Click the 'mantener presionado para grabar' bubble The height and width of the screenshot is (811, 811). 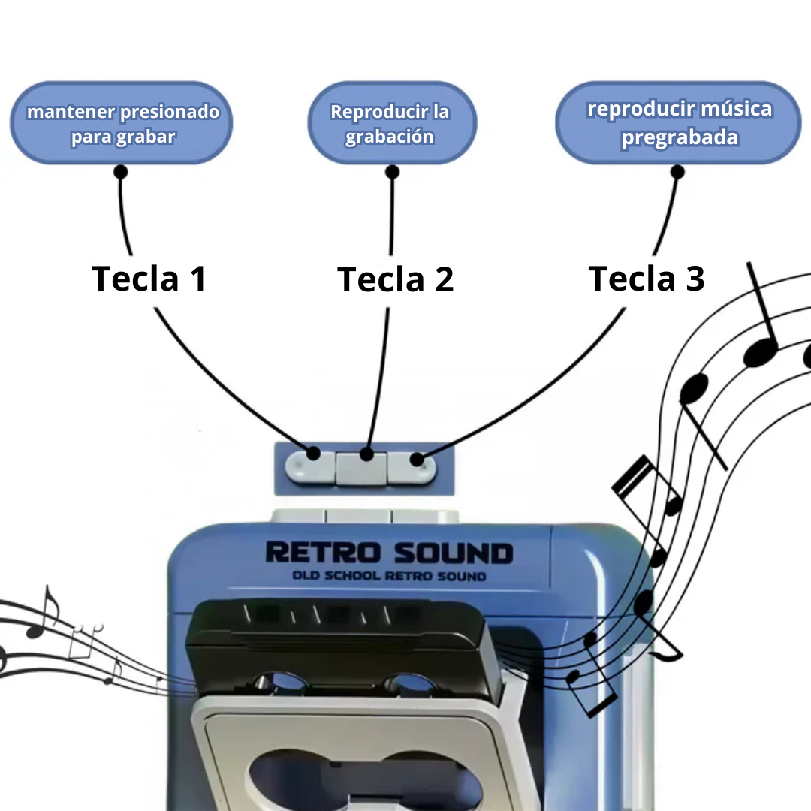click(x=122, y=123)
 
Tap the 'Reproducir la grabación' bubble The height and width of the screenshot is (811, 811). click(x=391, y=123)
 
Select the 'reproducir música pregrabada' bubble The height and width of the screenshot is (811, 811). click(x=679, y=123)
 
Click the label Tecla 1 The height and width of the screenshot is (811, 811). click(x=149, y=279)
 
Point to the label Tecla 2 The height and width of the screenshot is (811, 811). click(x=396, y=279)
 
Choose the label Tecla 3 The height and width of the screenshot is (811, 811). click(x=647, y=279)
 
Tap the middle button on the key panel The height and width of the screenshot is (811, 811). click(x=362, y=468)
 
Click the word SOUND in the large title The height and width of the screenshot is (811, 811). click(x=454, y=554)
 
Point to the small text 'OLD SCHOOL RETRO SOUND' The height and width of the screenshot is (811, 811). click(x=389, y=577)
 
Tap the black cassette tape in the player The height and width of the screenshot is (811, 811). click(x=342, y=638)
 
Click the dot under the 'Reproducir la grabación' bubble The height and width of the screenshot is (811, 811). click(x=392, y=172)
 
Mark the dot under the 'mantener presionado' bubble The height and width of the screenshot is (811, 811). click(x=120, y=172)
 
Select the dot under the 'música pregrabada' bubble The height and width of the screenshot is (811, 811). click(x=677, y=172)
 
